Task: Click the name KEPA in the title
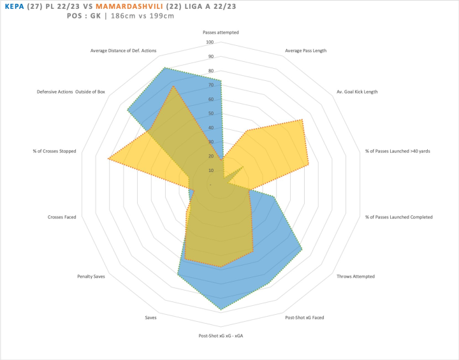[x=13, y=6]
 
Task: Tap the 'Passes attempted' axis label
[x=221, y=32]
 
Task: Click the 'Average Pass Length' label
[x=306, y=51]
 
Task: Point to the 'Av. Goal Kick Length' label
[x=357, y=92]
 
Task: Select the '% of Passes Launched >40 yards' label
[x=399, y=151]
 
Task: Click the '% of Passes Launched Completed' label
[x=398, y=217]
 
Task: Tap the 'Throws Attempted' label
[x=356, y=277]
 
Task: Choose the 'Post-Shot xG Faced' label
[x=305, y=317]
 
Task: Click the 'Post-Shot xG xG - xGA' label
[x=221, y=336]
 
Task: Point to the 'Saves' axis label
[x=150, y=317]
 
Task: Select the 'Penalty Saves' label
[x=91, y=277]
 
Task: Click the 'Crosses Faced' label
[x=62, y=217]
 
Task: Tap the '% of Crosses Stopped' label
[x=55, y=151]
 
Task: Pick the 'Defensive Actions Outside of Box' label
[x=71, y=92]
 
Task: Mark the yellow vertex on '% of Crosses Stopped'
[x=108, y=159]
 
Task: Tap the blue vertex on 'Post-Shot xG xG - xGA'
[x=221, y=310]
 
